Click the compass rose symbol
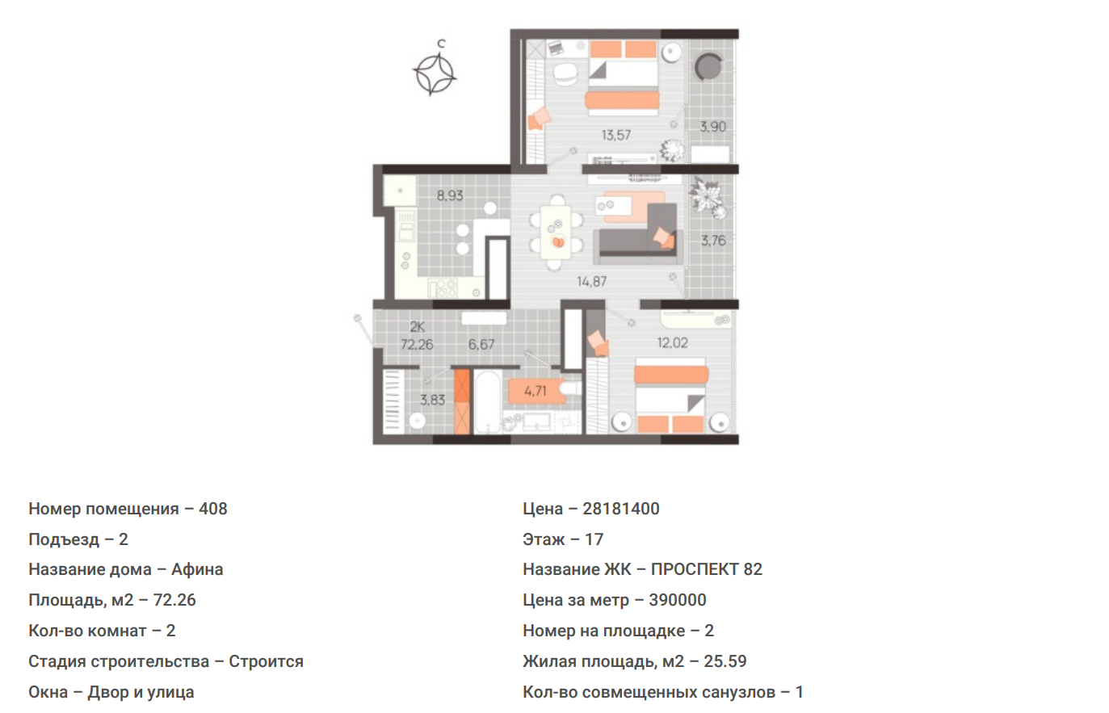(435, 75)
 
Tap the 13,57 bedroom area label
(616, 135)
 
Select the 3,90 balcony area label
(712, 127)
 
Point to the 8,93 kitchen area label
(450, 195)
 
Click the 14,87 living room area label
(591, 282)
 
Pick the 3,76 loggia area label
(713, 241)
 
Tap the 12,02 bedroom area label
(672, 342)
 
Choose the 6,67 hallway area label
(481, 344)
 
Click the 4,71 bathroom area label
(536, 391)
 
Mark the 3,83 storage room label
(432, 400)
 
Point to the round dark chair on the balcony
(708, 67)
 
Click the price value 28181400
(621, 509)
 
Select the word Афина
(197, 569)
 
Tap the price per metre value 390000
(678, 600)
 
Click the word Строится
(266, 661)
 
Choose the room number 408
(213, 509)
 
